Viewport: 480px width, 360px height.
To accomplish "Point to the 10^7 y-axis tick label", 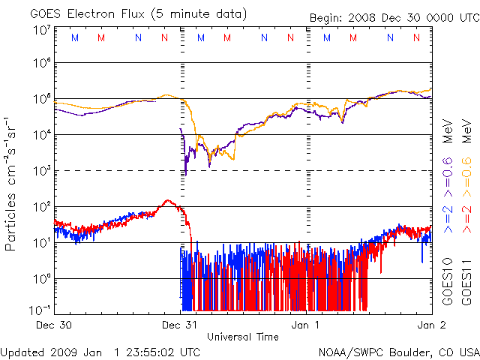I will point(41,31).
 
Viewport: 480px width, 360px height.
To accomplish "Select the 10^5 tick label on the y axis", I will point(41,99).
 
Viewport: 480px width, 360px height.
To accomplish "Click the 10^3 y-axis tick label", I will point(41,171).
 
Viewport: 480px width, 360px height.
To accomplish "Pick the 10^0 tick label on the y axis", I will point(41,279).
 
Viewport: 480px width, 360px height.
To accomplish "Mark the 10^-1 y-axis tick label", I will point(41,309).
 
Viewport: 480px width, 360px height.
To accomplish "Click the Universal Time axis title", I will point(242,337).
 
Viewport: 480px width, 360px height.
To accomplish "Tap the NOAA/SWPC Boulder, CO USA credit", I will point(399,351).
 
